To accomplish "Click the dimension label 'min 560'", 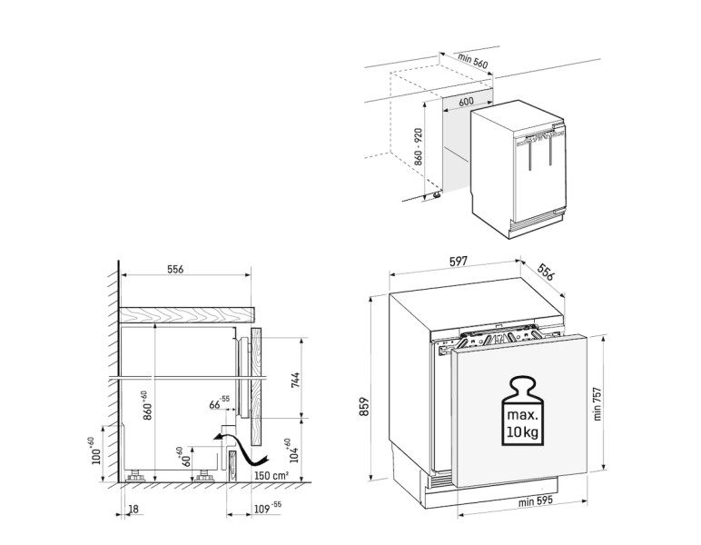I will click(x=474, y=59).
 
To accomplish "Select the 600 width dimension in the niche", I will click(x=466, y=103).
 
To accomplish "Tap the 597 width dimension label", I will click(x=458, y=262).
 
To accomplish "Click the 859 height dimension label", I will click(x=363, y=405).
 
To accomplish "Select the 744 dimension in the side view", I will click(x=295, y=379).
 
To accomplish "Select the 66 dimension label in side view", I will click(x=219, y=403).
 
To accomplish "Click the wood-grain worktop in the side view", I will click(x=186, y=314).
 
